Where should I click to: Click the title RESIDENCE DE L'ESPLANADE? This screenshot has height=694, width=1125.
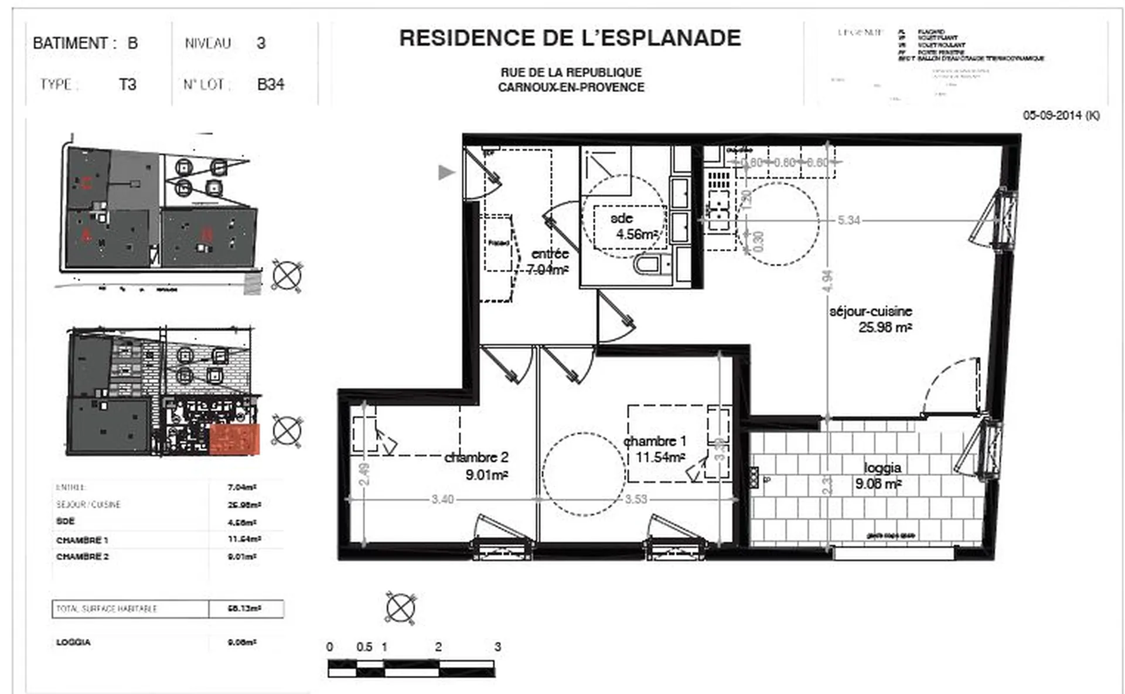pyautogui.click(x=570, y=38)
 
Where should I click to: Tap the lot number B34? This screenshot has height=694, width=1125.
pyautogui.click(x=271, y=84)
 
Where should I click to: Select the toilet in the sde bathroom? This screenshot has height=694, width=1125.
pyautogui.click(x=648, y=265)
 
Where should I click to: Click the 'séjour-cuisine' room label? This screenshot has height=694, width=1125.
pyautogui.click(x=870, y=311)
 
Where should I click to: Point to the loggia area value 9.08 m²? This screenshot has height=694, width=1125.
pyautogui.click(x=878, y=484)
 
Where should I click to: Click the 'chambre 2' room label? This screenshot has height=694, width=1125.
pyautogui.click(x=476, y=457)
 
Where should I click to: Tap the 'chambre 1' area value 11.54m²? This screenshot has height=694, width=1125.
pyautogui.click(x=660, y=457)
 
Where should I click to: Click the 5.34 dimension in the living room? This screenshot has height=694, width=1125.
pyautogui.click(x=848, y=220)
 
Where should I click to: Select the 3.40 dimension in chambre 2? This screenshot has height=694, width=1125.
pyautogui.click(x=442, y=499)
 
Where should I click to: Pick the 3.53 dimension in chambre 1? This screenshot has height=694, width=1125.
pyautogui.click(x=636, y=499)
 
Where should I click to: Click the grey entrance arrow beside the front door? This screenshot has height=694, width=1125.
pyautogui.click(x=446, y=172)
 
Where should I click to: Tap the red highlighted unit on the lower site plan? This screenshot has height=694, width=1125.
pyautogui.click(x=234, y=440)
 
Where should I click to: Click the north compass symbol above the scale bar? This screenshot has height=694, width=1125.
pyautogui.click(x=401, y=607)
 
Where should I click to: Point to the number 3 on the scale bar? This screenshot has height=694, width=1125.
pyautogui.click(x=497, y=647)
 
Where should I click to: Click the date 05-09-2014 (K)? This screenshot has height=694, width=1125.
pyautogui.click(x=1061, y=115)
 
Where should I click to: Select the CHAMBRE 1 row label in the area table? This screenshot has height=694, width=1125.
pyautogui.click(x=82, y=540)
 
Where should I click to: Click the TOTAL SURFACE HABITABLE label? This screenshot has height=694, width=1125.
pyautogui.click(x=107, y=609)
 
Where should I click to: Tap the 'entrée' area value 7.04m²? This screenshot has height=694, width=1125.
pyautogui.click(x=547, y=270)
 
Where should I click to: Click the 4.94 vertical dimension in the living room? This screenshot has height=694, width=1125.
pyautogui.click(x=827, y=281)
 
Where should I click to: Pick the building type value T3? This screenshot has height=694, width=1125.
pyautogui.click(x=127, y=84)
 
